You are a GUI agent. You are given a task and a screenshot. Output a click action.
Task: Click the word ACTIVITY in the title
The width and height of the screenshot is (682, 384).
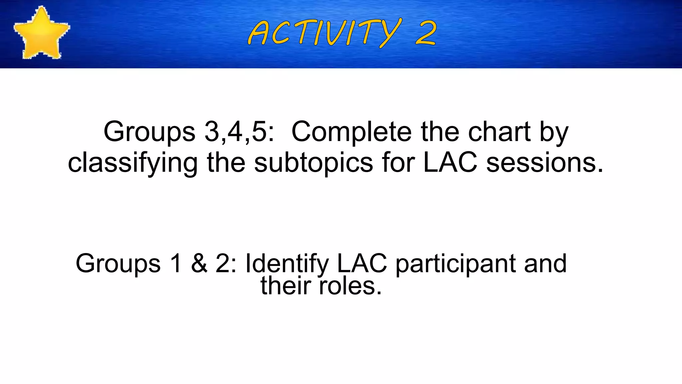tap(325, 33)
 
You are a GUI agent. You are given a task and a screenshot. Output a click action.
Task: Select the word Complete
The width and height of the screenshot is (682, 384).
tap(353, 132)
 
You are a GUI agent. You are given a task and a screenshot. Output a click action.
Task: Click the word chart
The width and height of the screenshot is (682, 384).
tap(499, 132)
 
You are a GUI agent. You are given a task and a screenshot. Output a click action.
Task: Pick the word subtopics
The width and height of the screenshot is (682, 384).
tap(313, 163)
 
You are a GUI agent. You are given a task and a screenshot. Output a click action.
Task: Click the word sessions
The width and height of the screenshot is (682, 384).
tap(544, 163)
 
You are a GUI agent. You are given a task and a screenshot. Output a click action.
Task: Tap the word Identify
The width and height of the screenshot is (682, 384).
tap(287, 263)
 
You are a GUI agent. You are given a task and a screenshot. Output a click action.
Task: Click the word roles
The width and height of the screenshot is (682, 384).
tap(350, 286)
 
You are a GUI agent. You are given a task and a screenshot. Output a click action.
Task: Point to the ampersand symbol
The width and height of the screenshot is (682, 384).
tap(199, 263)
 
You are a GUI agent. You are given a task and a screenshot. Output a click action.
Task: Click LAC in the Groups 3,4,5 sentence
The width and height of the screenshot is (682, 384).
tap(450, 163)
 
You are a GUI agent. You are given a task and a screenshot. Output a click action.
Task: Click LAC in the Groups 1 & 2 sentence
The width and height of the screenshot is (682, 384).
tap(362, 263)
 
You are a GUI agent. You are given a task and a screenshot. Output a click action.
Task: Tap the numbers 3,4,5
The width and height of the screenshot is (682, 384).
tap(239, 132)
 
